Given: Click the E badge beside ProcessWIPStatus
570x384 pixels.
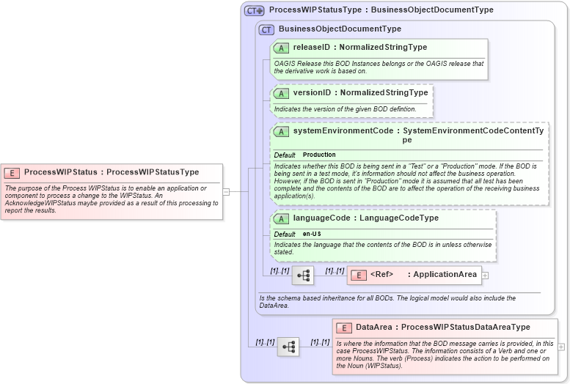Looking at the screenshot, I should click(x=12, y=172).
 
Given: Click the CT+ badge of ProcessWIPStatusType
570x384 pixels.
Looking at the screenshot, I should click(x=255, y=10).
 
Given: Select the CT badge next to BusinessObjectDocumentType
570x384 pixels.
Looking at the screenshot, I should click(x=266, y=29).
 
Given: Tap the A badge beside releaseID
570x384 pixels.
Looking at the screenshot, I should click(x=281, y=48).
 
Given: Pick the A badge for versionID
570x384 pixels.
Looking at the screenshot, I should click(x=281, y=93).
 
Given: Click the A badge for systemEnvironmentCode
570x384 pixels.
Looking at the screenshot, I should click(x=281, y=132).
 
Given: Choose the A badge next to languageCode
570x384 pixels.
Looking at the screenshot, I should click(x=281, y=218).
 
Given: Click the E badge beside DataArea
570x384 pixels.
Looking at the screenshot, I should click(x=343, y=328).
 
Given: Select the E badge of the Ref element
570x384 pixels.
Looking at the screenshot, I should click(x=359, y=275).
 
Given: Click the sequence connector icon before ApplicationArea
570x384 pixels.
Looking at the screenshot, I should click(x=303, y=276).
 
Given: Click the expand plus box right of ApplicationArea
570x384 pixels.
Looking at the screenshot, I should click(x=485, y=276).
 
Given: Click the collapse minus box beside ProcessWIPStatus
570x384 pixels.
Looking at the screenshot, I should click(x=226, y=192).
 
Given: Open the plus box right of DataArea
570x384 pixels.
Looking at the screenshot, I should click(x=561, y=347).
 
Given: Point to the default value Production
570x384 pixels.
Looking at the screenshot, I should click(x=319, y=155).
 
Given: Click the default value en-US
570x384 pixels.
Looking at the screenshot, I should click(x=313, y=234).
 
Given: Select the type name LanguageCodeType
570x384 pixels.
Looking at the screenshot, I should click(x=399, y=218).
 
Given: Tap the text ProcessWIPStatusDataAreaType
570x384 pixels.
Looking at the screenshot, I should click(x=465, y=328).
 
